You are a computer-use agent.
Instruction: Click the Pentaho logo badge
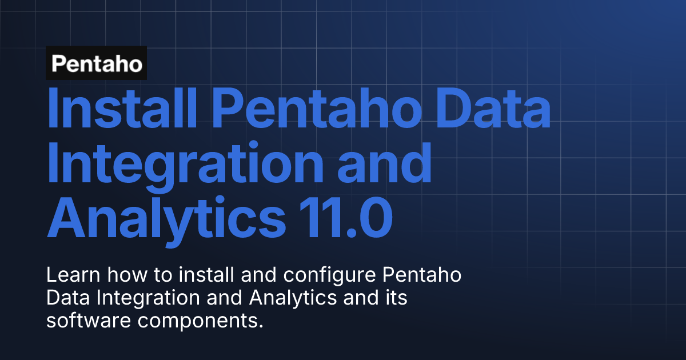[97, 63]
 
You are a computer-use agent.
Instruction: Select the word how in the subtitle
[119, 276]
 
